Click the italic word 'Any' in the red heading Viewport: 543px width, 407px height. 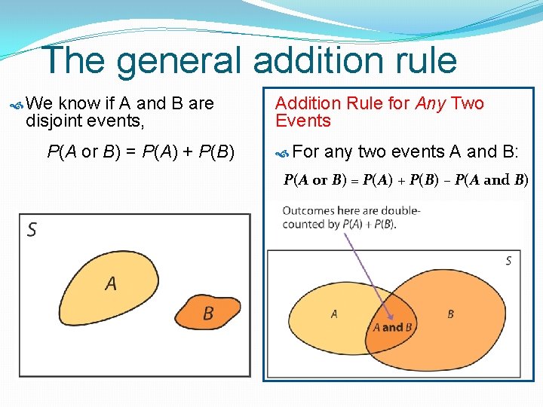point(431,104)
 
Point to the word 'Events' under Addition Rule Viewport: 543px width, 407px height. point(303,121)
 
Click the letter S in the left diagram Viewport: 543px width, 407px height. point(32,229)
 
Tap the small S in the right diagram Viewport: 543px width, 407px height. point(508,261)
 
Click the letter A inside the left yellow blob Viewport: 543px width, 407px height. point(111,283)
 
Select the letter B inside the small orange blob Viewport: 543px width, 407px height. point(208,313)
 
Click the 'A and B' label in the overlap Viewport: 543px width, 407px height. point(393,328)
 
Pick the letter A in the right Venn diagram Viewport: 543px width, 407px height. point(334,314)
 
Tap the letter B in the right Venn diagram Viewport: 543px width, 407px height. point(450,314)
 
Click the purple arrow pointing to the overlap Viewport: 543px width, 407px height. point(370,275)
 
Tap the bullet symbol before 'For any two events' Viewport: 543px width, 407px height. point(283,153)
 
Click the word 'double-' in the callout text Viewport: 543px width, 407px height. point(400,211)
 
